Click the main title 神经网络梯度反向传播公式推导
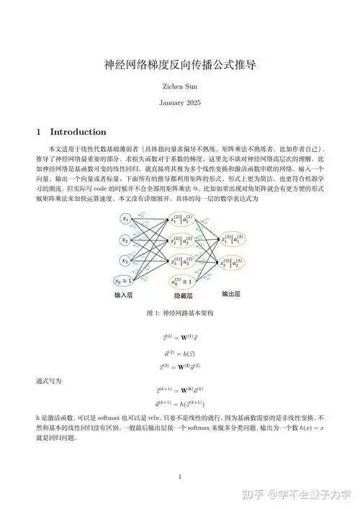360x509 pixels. [x=180, y=65]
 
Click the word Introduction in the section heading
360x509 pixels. [x=78, y=132]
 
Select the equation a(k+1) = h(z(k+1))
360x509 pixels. [x=180, y=405]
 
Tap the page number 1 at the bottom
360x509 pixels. [x=180, y=477]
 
